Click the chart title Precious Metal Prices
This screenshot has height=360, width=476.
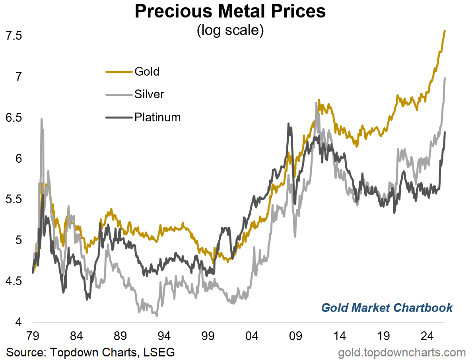pos(230,12)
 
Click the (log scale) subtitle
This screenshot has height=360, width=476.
pos(230,31)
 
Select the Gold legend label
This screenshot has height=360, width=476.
pos(147,72)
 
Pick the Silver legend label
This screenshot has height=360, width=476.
pos(149,95)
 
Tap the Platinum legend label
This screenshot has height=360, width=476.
pos(157,117)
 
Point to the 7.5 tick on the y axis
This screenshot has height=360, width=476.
pos(13,36)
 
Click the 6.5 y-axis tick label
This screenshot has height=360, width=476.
pos(13,118)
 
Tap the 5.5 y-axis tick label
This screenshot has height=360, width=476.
pos(13,200)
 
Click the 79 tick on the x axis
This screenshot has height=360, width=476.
pos(33,335)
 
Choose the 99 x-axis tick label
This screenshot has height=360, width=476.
pos(208,335)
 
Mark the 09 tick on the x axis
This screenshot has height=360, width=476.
pos(295,335)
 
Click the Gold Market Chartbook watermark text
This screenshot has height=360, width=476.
pos(387,307)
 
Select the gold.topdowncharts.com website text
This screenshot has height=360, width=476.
pos(402,352)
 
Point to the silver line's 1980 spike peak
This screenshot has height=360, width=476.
pos(41,119)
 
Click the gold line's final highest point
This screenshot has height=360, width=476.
pos(445,31)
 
